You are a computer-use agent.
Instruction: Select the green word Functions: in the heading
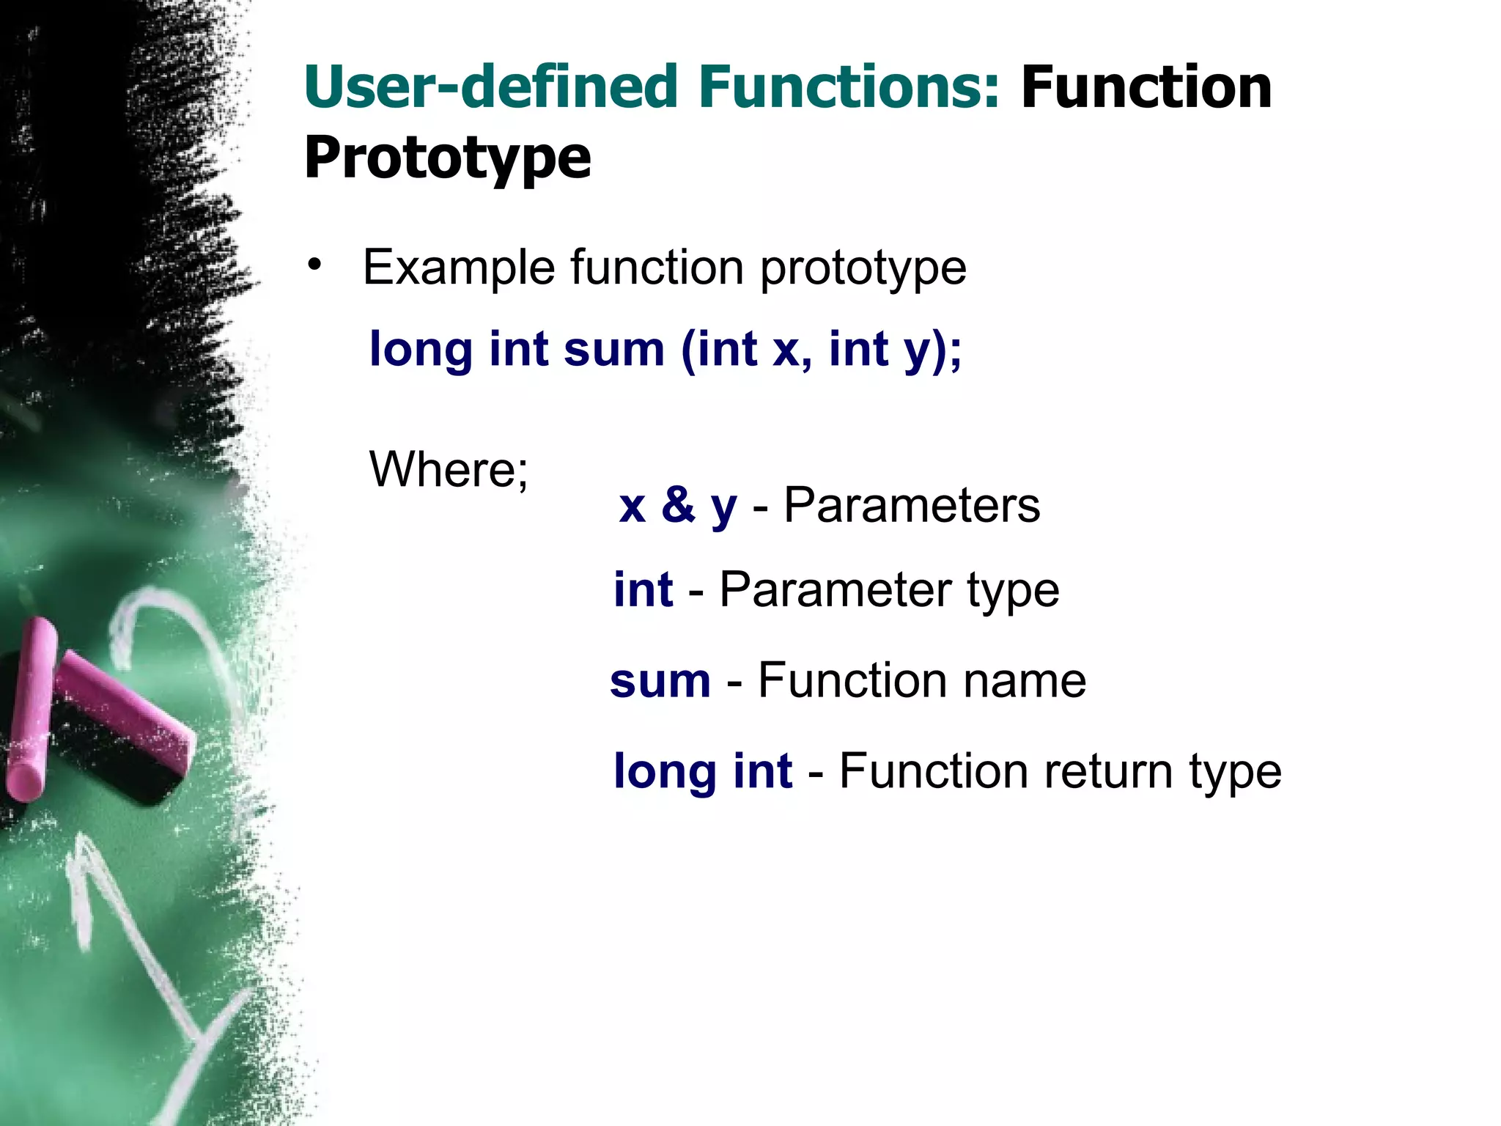tap(849, 88)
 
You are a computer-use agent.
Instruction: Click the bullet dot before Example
tap(315, 265)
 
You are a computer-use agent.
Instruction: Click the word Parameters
tap(912, 505)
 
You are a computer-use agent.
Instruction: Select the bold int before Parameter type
tap(643, 589)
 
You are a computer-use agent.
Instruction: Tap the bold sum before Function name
tap(660, 681)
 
